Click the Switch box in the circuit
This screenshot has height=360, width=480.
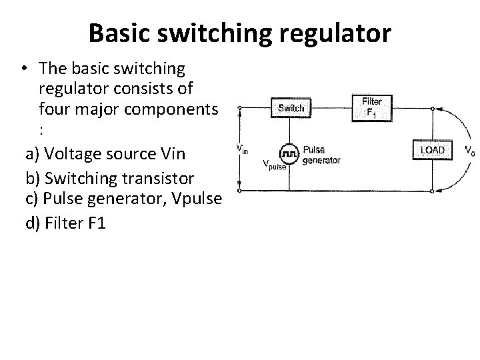point(290,108)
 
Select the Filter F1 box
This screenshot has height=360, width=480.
point(371,107)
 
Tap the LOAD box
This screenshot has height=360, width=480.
point(431,150)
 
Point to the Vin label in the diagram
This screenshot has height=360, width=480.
point(242,149)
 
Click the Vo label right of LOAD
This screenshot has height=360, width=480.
point(470,150)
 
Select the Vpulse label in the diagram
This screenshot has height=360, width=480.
point(274,164)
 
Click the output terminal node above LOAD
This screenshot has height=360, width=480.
point(433,108)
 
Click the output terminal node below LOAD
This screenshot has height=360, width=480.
point(433,191)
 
